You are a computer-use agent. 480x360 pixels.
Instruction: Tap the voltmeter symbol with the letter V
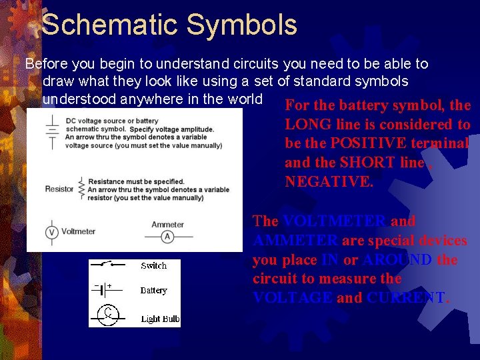click(x=51, y=232)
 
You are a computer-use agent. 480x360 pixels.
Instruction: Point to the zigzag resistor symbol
click(x=81, y=189)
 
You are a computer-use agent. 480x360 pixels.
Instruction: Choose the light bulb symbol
click(x=107, y=314)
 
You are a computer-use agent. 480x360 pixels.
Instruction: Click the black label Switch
click(x=153, y=266)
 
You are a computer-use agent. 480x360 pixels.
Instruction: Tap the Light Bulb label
click(x=160, y=319)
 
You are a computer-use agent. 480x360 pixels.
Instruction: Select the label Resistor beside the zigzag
click(x=59, y=189)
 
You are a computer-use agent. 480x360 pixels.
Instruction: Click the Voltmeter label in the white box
click(x=78, y=232)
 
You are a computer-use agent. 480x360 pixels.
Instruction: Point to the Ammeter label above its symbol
click(x=167, y=224)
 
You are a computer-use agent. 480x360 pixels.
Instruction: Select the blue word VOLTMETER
click(x=334, y=221)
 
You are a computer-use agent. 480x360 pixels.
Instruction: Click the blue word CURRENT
click(x=406, y=298)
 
